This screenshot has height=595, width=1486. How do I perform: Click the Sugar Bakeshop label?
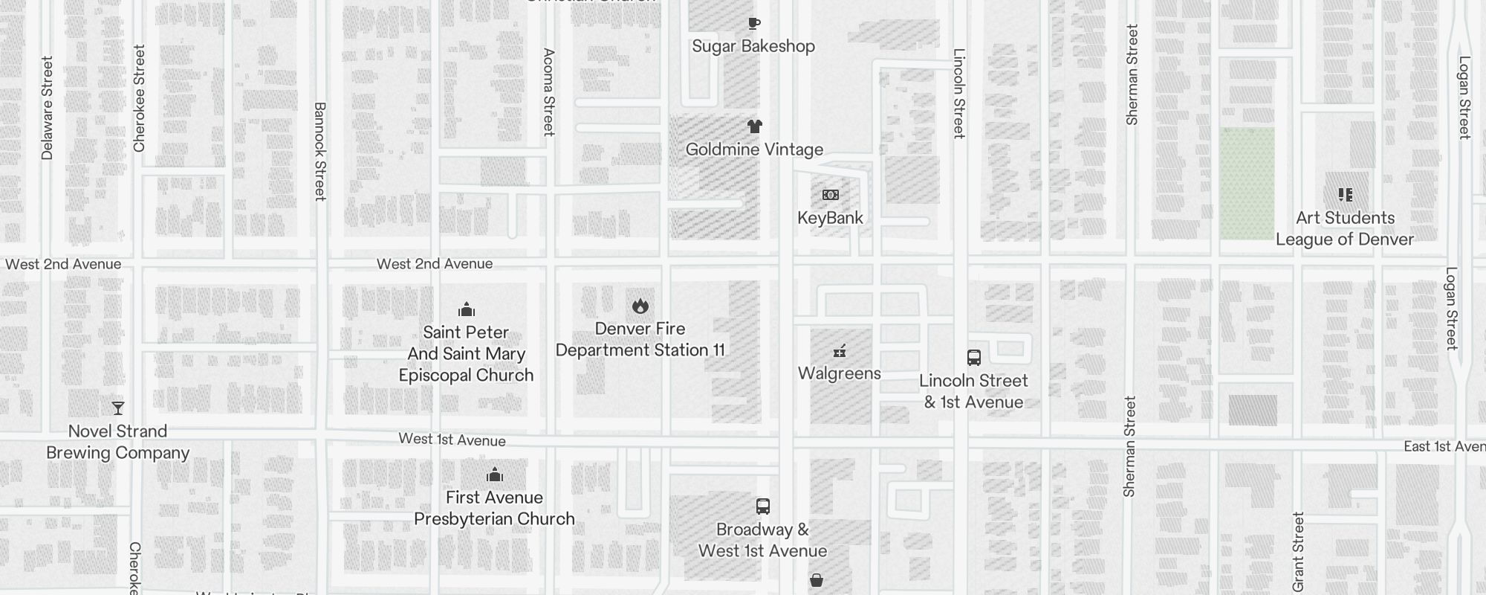(753, 46)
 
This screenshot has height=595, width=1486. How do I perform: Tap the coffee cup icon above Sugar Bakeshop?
(754, 23)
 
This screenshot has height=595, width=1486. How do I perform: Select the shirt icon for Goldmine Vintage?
(755, 126)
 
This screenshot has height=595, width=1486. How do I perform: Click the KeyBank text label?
(830, 218)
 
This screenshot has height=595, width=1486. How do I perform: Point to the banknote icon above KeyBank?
(831, 195)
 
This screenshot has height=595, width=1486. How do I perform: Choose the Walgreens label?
(839, 373)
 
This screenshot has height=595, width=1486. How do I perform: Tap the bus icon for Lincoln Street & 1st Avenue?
(973, 358)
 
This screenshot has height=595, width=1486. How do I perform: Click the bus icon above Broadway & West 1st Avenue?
(762, 506)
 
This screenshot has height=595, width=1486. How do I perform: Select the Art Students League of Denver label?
(1345, 228)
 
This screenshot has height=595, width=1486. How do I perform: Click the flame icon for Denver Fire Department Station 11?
(640, 306)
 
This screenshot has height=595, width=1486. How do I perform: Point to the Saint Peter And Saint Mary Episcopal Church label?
(466, 354)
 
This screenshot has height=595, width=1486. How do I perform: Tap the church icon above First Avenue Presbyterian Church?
(494, 475)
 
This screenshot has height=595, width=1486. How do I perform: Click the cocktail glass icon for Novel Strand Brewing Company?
(118, 408)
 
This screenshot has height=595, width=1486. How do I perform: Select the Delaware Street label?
(48, 108)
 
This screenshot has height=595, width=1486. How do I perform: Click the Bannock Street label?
(320, 152)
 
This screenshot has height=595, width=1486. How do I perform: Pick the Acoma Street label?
(549, 92)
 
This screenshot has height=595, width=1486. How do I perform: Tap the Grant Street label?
(1298, 552)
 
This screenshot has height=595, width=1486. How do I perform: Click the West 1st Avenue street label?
(452, 440)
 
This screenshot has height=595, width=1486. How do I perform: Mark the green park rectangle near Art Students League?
(1247, 183)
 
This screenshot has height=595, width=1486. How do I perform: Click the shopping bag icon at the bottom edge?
(816, 580)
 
